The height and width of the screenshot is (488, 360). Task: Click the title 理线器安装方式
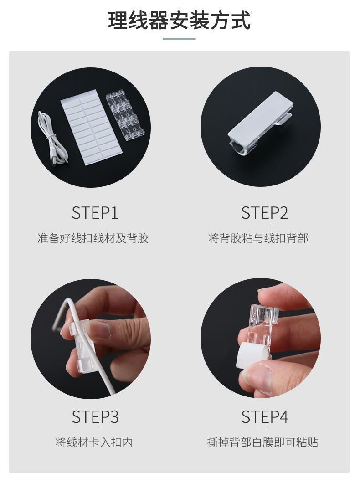[x=180, y=21]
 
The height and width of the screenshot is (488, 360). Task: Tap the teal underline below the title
[x=180, y=39]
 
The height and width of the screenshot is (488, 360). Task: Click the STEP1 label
[x=95, y=213]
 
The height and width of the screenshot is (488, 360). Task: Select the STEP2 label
[x=265, y=213]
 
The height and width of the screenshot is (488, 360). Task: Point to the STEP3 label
[x=95, y=417]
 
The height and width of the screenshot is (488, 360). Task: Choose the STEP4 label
[x=265, y=417]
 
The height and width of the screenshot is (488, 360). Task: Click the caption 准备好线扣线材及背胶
[x=93, y=238]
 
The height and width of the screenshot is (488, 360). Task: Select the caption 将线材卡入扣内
[x=94, y=442]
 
